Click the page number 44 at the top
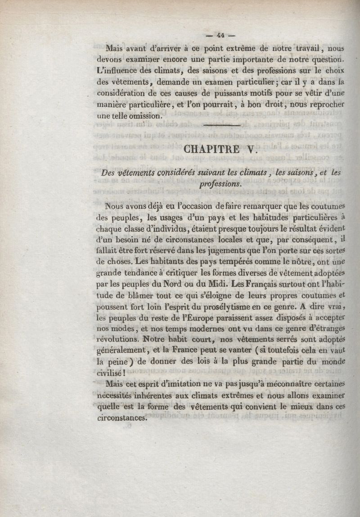(x=220, y=35)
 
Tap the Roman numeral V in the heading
(x=251, y=149)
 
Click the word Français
(x=261, y=284)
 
